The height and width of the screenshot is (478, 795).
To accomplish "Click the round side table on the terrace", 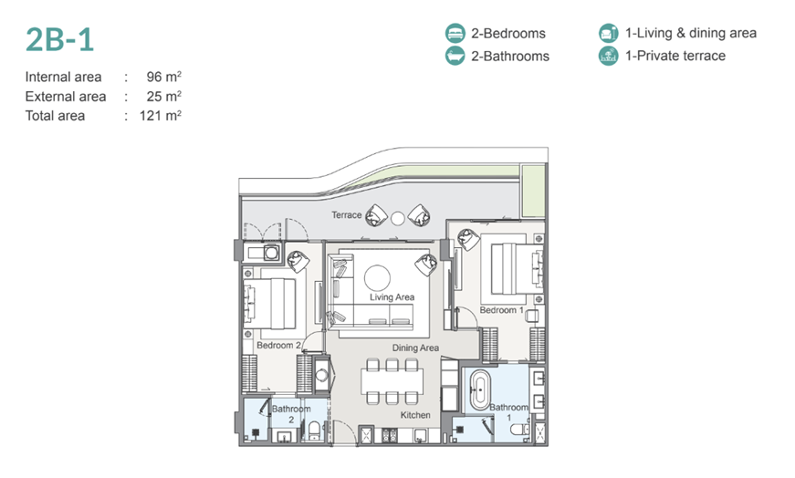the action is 398,218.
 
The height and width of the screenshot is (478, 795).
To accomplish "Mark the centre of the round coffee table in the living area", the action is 377,278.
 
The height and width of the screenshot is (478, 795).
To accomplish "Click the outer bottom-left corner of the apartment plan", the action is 239,445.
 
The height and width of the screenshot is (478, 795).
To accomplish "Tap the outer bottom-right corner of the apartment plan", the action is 548,445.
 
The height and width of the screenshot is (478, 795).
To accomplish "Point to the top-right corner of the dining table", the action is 423,370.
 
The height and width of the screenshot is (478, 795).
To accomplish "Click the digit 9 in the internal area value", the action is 152,77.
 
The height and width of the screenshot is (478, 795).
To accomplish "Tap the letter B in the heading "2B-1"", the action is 60,39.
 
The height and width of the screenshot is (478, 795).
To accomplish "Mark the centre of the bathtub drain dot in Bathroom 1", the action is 479,390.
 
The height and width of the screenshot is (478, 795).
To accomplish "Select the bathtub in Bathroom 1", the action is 479,390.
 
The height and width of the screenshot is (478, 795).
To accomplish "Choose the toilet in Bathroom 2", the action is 314,431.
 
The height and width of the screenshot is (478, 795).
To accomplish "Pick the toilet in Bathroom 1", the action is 519,430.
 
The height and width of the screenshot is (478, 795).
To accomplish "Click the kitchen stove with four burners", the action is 390,434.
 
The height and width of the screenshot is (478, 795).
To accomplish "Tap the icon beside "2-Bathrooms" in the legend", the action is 455,56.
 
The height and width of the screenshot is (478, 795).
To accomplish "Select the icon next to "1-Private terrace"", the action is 608,56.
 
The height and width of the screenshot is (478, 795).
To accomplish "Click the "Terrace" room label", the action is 346,215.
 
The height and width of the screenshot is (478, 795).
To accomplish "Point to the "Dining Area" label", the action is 415,348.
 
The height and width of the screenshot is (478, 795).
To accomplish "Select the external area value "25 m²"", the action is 163,97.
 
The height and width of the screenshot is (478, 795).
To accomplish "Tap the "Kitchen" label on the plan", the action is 415,415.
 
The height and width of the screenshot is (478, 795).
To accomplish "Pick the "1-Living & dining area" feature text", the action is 691,34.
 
